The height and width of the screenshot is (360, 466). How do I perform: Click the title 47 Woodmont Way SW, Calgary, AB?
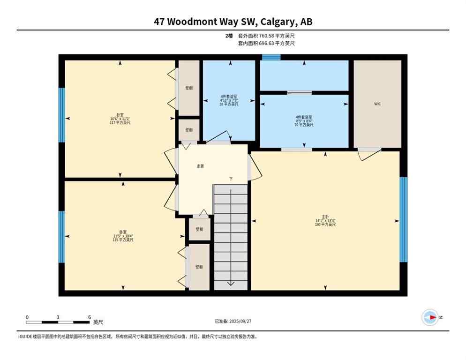click(233, 22)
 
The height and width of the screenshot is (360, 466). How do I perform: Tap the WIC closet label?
click(377, 104)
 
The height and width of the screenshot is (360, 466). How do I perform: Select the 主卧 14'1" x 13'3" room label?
click(325, 222)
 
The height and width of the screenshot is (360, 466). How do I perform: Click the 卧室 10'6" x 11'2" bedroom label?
click(120, 119)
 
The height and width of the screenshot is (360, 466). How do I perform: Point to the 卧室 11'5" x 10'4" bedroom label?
click(123, 236)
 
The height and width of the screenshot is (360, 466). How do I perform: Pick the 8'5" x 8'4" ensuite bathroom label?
click(304, 120)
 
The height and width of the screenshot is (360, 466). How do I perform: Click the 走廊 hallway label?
click(200, 166)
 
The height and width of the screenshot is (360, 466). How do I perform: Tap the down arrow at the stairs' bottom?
click(231, 282)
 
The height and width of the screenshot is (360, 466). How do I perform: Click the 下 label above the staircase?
click(231, 179)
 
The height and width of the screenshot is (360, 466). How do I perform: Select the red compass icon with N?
click(430, 318)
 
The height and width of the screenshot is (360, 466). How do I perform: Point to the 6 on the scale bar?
click(89, 317)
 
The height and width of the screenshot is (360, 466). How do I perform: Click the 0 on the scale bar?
click(27, 317)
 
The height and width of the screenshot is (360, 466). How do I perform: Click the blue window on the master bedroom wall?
click(403, 219)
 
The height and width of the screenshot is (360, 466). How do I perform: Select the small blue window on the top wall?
click(271, 58)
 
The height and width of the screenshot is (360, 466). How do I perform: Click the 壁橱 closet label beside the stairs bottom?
click(199, 267)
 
